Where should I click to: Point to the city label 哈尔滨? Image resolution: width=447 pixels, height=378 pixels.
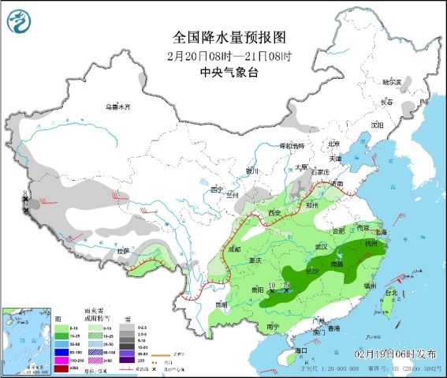tap(392, 82)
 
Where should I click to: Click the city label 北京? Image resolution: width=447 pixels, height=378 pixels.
tap(333, 144)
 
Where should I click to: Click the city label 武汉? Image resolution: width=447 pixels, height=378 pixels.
tap(320, 247)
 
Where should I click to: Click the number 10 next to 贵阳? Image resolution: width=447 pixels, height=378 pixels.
tap(272, 285)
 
